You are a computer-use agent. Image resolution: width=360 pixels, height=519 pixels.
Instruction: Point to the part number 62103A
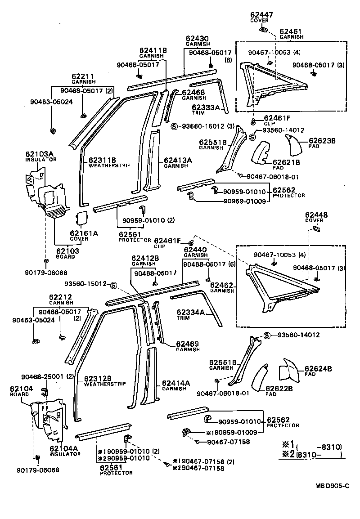point(39,154)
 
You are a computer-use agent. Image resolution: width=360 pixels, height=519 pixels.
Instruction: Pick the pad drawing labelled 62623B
point(294,143)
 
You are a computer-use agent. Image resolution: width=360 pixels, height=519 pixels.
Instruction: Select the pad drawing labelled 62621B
point(260,154)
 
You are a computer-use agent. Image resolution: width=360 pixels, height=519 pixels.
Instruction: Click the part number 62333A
point(206,107)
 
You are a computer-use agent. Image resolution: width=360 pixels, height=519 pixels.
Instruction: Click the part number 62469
point(185,344)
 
